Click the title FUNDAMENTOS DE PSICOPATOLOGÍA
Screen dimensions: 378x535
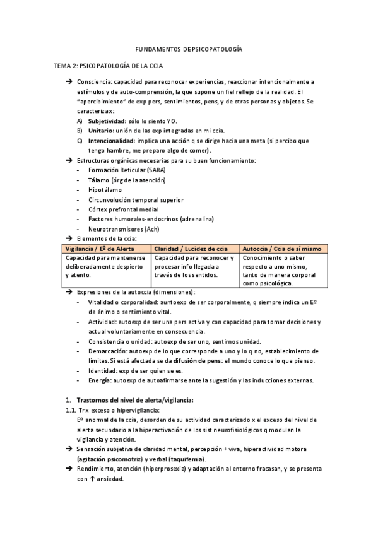[x=189, y=49]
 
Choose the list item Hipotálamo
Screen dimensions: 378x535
[x=105, y=189]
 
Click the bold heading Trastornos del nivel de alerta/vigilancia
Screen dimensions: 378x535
[x=135, y=400]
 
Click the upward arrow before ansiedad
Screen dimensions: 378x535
[x=92, y=479]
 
